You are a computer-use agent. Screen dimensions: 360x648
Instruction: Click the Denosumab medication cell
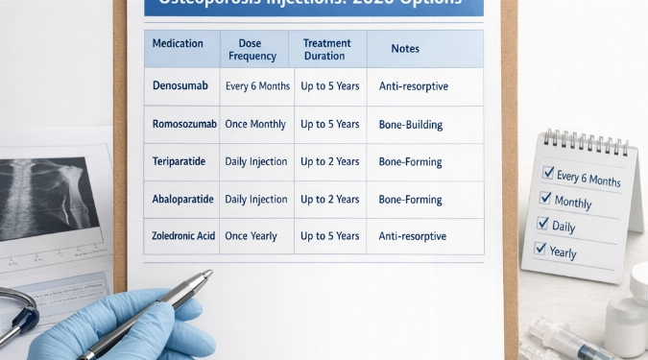[x=180, y=86]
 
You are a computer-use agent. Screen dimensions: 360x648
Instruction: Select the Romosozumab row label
[x=180, y=124]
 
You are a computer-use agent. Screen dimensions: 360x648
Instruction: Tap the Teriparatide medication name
[x=180, y=161]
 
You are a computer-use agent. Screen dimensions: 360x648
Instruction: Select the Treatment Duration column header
[x=327, y=49]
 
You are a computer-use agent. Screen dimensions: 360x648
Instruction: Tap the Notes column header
[x=405, y=49]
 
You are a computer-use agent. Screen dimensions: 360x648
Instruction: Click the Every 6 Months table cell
[x=257, y=86]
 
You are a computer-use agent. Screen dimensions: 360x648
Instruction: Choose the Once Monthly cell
[x=256, y=124]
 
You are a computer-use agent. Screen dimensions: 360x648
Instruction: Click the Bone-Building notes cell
[x=410, y=124]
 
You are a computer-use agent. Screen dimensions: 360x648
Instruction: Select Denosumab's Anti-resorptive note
[x=413, y=86]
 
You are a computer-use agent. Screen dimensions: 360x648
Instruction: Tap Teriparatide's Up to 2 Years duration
[x=329, y=161]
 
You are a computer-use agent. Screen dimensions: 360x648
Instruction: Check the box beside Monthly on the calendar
[x=545, y=199]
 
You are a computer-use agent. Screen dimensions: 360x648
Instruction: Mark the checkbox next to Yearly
[x=540, y=249]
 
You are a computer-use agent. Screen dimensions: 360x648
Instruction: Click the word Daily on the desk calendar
[x=564, y=227]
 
